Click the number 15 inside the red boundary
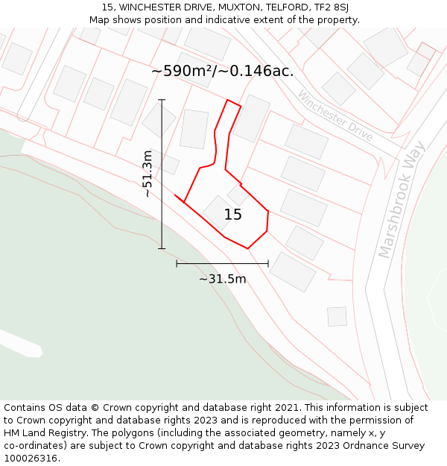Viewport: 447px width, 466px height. pos(233,215)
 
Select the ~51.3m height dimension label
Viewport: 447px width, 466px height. pos(148,173)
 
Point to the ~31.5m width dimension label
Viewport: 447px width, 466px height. pos(222,279)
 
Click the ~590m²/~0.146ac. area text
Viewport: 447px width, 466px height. pos(222,72)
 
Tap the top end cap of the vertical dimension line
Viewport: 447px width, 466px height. pos(162,99)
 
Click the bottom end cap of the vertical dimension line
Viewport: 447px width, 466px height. pos(162,248)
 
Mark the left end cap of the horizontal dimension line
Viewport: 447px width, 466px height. pos(177,263)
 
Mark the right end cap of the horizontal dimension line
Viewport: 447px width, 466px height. pos(268,263)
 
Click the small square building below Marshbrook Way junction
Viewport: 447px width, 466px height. pos(337,316)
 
